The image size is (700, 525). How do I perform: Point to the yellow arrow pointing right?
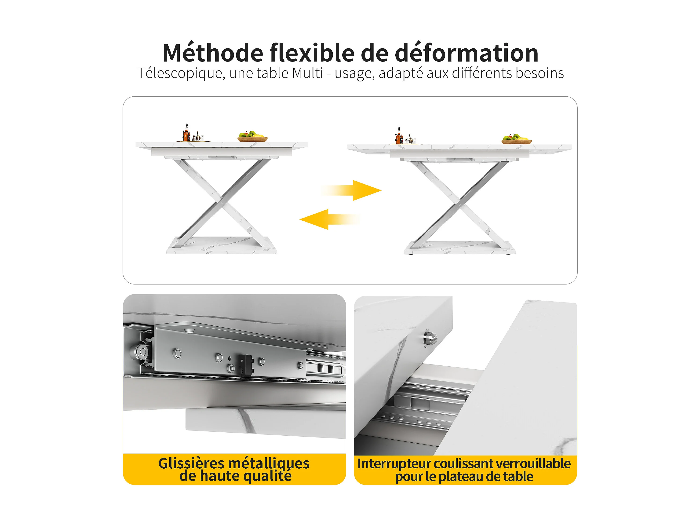click(x=351, y=190)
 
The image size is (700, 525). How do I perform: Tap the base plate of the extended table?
click(x=459, y=248)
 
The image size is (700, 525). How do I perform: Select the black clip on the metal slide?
click(x=245, y=365)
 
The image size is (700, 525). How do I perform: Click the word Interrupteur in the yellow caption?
click(x=394, y=464)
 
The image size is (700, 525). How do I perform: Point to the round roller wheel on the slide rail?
click(x=142, y=351)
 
